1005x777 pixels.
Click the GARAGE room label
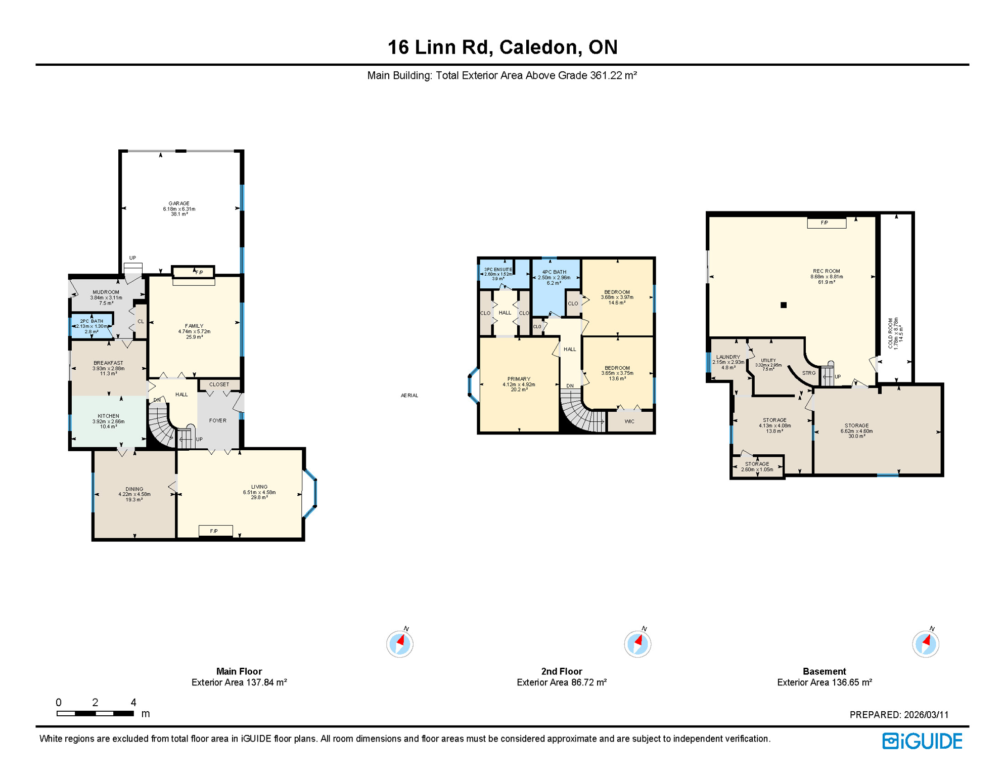point(179,203)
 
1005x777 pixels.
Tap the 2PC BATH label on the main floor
point(92,321)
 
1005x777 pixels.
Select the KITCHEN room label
point(108,416)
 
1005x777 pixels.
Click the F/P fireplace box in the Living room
point(215,531)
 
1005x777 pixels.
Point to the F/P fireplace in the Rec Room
point(826,223)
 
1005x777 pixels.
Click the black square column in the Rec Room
point(783,305)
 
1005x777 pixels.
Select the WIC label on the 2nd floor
point(629,421)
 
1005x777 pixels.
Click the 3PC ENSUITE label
point(498,270)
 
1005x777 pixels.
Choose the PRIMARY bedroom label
point(519,379)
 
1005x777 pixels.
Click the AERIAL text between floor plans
point(409,396)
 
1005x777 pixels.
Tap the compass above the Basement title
point(925,644)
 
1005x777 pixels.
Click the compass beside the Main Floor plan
point(399,644)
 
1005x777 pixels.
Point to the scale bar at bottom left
point(95,713)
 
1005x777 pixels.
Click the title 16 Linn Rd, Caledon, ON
point(502,47)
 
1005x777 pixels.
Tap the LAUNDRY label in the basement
point(727,357)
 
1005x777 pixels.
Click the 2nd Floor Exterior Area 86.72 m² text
point(561,682)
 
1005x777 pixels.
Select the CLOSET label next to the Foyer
point(219,384)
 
